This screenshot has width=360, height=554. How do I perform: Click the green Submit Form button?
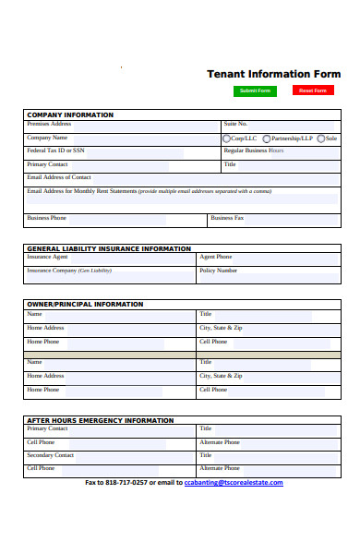(255, 90)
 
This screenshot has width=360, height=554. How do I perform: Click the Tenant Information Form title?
(273, 74)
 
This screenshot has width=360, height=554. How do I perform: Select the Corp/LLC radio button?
(227, 138)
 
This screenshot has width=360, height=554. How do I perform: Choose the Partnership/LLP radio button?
(263, 138)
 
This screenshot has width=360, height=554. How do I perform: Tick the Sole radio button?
(320, 138)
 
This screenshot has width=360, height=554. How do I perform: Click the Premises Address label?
(49, 124)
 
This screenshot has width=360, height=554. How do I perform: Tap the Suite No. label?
(235, 124)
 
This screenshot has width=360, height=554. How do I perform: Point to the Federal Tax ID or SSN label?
(55, 151)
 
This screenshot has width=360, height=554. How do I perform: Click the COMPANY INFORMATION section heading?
(70, 114)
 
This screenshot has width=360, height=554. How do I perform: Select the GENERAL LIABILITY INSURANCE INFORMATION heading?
(109, 248)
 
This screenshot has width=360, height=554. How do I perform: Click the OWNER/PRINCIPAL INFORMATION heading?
(85, 304)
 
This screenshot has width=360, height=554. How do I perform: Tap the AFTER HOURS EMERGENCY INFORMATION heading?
(100, 420)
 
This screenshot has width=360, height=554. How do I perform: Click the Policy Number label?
(219, 271)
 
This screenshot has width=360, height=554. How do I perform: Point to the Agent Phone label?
(216, 257)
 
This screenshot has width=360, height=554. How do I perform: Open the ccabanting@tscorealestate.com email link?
(234, 483)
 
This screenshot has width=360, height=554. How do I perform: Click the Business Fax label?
(227, 218)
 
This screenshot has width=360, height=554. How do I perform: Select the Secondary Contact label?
(51, 455)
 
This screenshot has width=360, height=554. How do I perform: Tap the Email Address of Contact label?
(59, 176)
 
